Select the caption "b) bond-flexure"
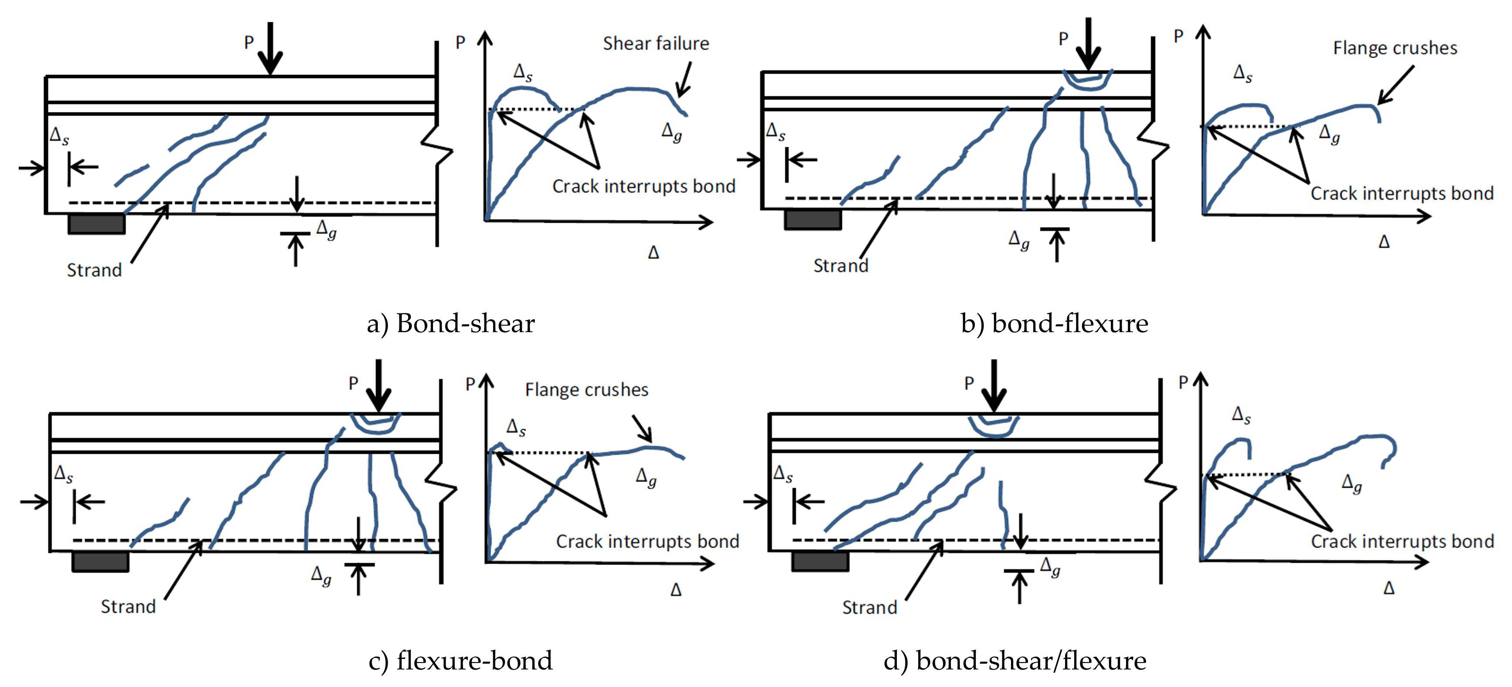1054,323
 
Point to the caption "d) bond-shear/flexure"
1015,660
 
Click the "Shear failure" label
656,44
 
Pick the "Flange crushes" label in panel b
1395,48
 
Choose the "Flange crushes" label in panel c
586,390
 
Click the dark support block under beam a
97,224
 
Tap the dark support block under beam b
813,219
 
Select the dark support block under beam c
100,561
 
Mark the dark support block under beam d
820,561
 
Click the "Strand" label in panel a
94,270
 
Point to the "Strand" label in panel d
869,607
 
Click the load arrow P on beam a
270,50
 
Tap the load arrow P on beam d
993,388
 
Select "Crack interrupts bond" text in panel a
643,186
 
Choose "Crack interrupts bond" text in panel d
1402,541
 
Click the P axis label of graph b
1178,37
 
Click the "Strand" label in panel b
841,265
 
